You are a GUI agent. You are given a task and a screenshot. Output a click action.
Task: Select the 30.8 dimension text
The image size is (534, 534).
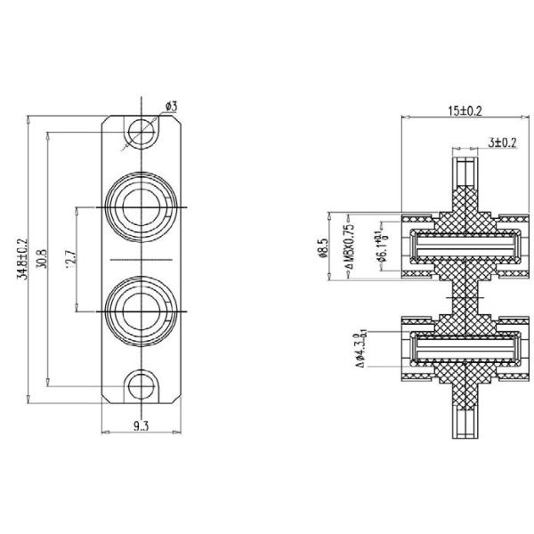click(42, 257)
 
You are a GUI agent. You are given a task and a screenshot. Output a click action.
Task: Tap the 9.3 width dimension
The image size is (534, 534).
click(141, 426)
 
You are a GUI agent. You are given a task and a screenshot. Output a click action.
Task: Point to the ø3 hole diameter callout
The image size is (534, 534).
click(171, 107)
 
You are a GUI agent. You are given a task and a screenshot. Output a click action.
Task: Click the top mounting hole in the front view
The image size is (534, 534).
click(140, 133)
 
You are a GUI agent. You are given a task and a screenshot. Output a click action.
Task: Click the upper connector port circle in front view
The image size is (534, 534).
click(140, 206)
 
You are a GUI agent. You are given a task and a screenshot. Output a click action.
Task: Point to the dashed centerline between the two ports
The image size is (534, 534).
click(140, 258)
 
